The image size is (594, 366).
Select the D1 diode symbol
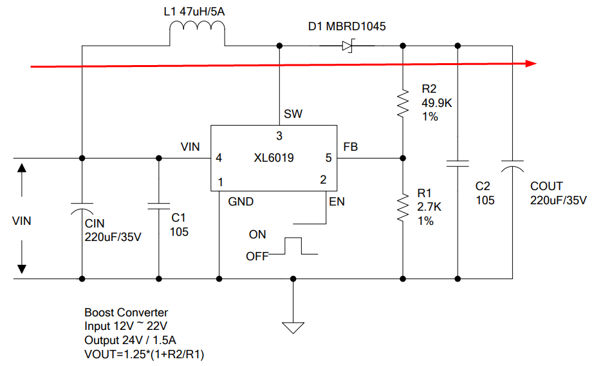[x=348, y=46]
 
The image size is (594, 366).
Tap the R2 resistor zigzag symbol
[x=403, y=103]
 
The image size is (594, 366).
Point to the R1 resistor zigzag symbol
[x=403, y=207]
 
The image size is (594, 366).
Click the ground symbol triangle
[x=293, y=327]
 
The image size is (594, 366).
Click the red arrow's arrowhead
[x=530, y=64]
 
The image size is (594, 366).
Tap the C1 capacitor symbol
[x=158, y=206]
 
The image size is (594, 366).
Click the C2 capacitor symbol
[x=458, y=164]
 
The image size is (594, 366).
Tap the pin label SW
[x=293, y=114]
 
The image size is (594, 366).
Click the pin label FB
[x=351, y=147]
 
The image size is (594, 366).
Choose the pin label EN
[x=337, y=202]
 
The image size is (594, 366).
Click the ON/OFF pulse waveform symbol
[x=293, y=246]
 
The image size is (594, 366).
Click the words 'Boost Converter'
[x=126, y=313]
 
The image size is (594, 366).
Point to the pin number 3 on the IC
[x=279, y=136]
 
